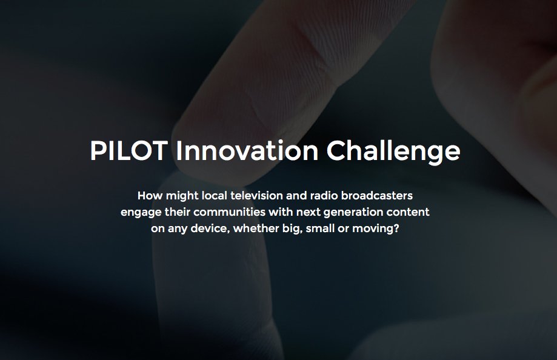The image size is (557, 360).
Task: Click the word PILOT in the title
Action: click(x=127, y=151)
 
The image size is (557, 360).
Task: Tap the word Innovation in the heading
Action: click(x=246, y=151)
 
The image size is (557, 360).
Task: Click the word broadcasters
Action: click(x=379, y=196)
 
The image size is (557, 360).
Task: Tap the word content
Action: click(x=409, y=213)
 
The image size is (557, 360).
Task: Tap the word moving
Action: click(x=378, y=231)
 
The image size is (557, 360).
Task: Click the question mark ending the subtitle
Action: click(x=402, y=230)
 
